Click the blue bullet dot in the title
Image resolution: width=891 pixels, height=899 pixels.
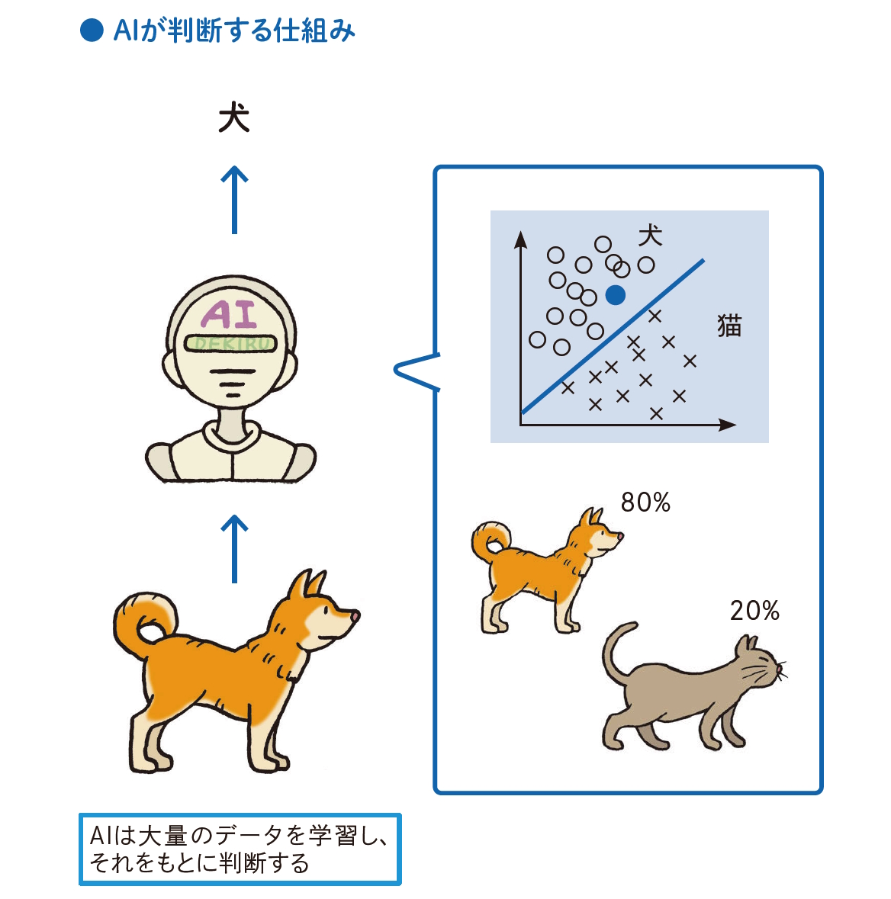(92, 31)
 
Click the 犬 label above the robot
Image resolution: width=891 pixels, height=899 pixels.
(233, 118)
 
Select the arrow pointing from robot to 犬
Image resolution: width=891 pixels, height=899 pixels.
(234, 200)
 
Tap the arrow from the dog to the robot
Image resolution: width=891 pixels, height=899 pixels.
(234, 548)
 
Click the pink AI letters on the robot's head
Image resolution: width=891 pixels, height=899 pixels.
(230, 314)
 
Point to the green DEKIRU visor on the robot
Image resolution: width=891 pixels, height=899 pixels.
(230, 343)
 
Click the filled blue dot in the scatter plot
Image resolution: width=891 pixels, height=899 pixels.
(615, 295)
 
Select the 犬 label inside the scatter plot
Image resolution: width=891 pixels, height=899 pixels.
(650, 236)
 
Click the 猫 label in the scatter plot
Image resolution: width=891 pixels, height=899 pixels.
(729, 326)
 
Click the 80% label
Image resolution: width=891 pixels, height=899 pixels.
(645, 502)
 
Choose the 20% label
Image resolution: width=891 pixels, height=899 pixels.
(754, 611)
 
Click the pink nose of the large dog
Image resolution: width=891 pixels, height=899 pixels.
(355, 615)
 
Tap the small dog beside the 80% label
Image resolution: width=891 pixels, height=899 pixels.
(545, 568)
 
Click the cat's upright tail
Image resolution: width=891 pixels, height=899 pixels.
(614, 648)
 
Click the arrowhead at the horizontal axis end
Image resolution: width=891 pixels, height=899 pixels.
(728, 425)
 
